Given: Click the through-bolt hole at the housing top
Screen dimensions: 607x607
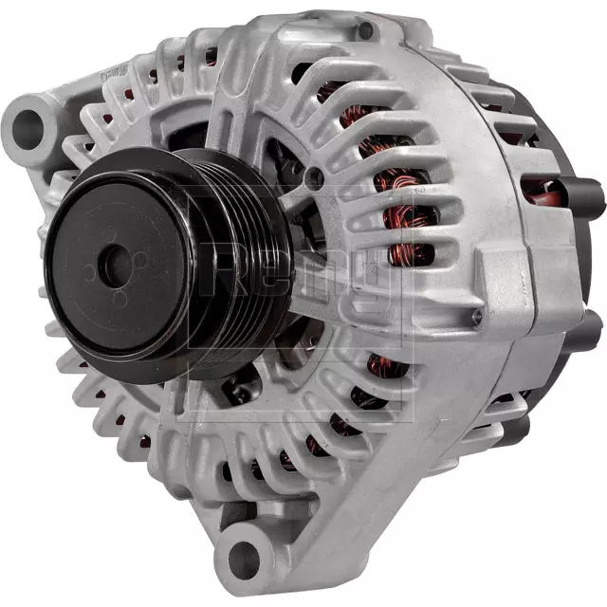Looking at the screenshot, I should point(365,30).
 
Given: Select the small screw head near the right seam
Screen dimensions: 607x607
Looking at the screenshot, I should point(477,320).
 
